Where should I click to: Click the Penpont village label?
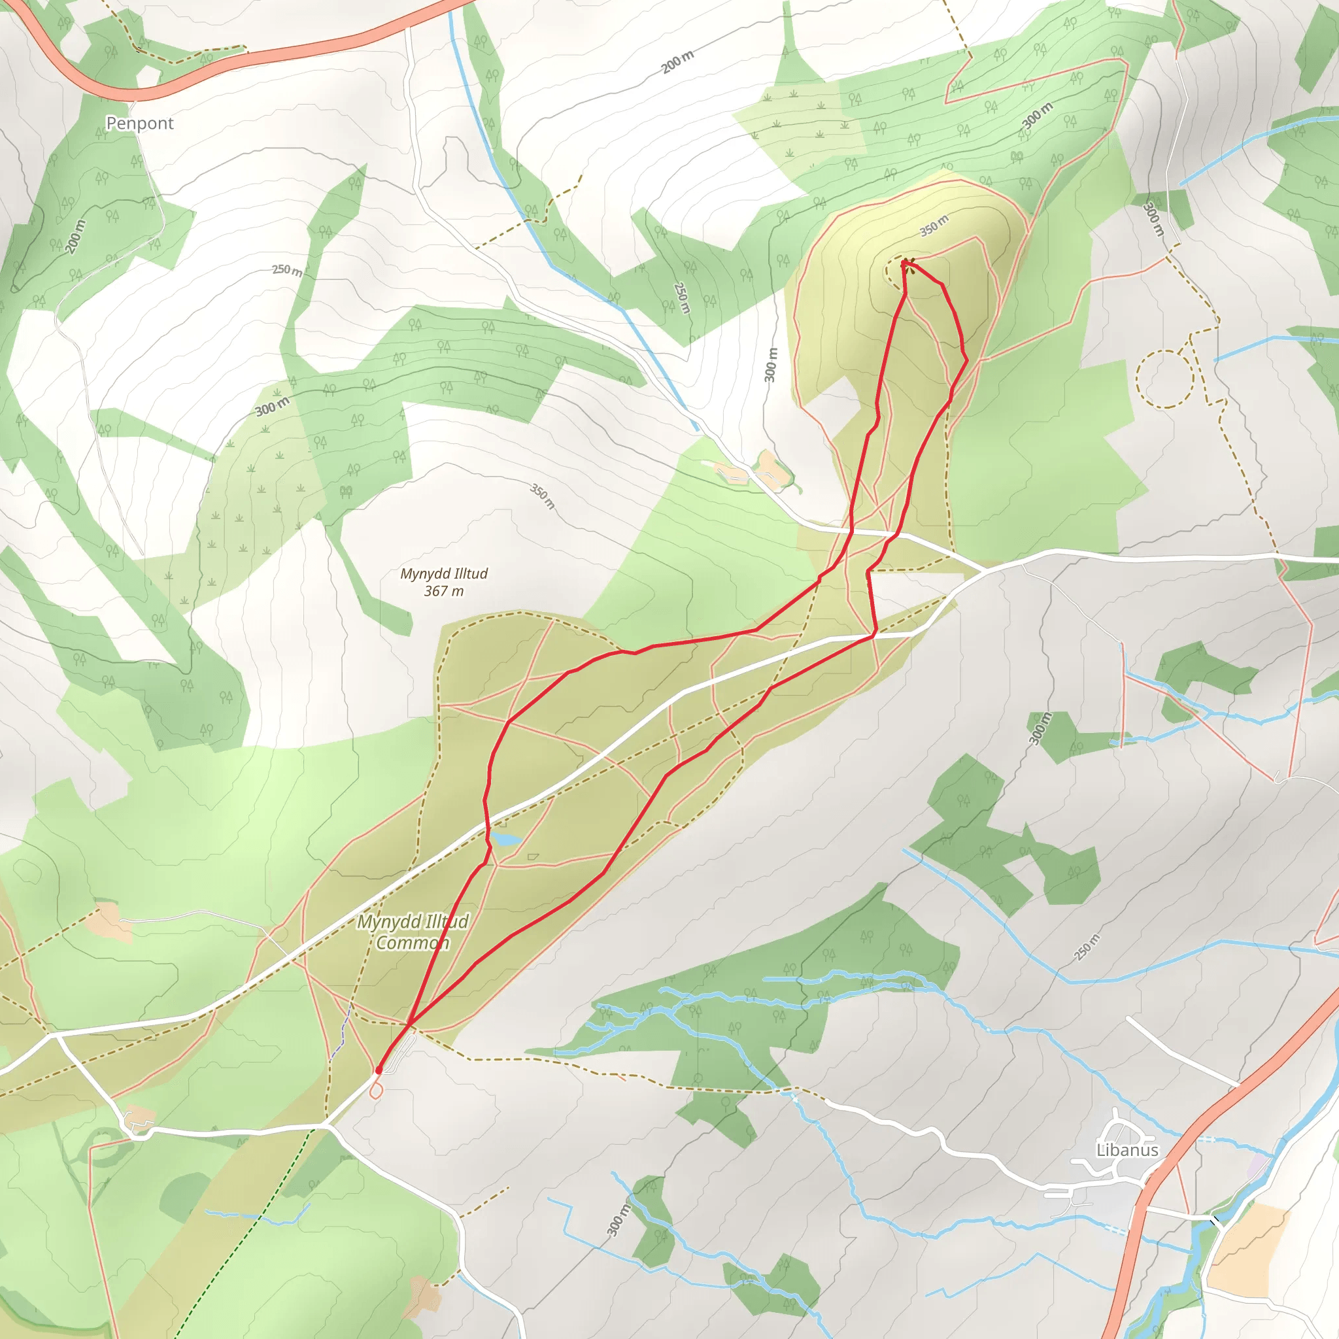coord(139,124)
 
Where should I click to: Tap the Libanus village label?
coord(1127,1150)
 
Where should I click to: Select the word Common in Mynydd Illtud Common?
coord(413,943)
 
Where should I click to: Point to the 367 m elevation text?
coord(443,591)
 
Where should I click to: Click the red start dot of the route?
coord(379,1070)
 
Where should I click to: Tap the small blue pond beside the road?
coord(505,839)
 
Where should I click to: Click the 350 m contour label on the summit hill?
coord(934,226)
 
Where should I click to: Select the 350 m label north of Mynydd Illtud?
coord(543,496)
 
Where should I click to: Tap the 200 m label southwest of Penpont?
coord(76,236)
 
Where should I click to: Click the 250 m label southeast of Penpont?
coord(287,269)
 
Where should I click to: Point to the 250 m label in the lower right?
coord(1087,947)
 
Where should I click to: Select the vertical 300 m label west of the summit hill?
coord(771,365)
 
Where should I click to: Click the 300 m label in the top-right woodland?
coord(1037,114)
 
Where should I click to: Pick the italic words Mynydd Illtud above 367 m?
coord(443,573)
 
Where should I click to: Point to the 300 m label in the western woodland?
coord(273,407)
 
